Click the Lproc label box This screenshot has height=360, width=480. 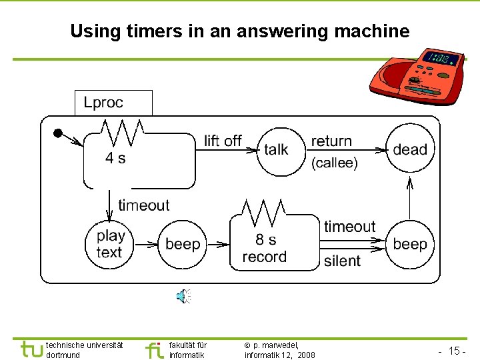click(x=113, y=103)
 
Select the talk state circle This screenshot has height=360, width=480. click(x=276, y=149)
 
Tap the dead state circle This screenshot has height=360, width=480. click(x=409, y=149)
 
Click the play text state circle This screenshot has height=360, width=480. click(x=109, y=243)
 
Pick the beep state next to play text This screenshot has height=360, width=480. click(x=182, y=244)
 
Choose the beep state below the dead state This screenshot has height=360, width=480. click(x=409, y=244)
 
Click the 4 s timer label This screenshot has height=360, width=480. click(x=115, y=158)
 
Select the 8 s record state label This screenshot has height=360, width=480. click(x=265, y=248)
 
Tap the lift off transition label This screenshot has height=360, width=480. click(x=223, y=141)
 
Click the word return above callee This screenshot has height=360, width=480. click(x=331, y=141)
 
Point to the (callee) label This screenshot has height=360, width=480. click(x=335, y=163)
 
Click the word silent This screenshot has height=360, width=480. click(x=342, y=261)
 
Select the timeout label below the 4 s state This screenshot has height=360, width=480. click(x=144, y=205)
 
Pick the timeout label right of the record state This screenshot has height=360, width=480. click(x=350, y=227)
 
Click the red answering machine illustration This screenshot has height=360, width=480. click(x=415, y=75)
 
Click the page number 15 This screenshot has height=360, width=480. click(x=456, y=350)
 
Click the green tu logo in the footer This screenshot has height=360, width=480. click(x=32, y=349)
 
